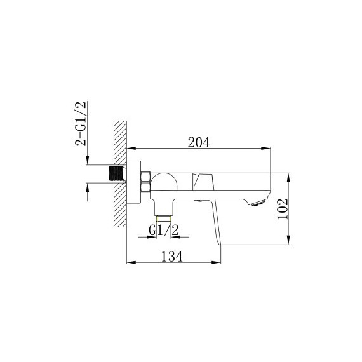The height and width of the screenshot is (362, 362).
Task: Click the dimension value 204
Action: coord(199,142)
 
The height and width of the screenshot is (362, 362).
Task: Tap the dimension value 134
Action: coord(172,257)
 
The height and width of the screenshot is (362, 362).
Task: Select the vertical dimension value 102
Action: coord(283,209)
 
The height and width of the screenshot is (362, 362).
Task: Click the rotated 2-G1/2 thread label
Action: coord(81,123)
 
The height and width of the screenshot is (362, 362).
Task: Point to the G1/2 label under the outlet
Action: coord(164,230)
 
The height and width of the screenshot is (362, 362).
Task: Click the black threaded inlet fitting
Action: coord(116,173)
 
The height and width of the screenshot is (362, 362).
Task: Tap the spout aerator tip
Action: coord(258,203)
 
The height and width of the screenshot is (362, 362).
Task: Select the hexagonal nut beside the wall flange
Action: coord(145,182)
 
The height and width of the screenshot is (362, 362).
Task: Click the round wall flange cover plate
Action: coord(133,182)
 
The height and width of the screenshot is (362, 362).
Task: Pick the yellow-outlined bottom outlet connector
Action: coord(164,218)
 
